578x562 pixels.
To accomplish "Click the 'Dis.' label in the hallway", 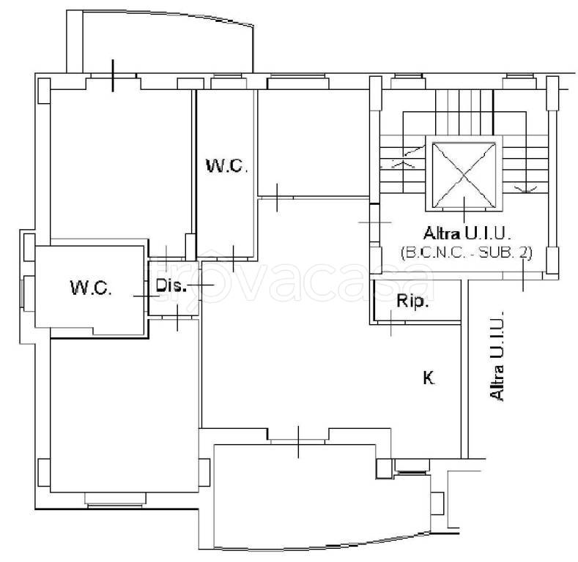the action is [x=171, y=285].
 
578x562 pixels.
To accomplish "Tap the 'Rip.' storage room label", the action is [x=412, y=301].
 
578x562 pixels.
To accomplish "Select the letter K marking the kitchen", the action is [x=429, y=378].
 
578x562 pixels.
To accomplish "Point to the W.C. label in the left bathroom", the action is [x=91, y=288].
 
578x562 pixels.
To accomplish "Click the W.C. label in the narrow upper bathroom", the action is [x=226, y=165].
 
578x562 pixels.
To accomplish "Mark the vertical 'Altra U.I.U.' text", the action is [x=497, y=356].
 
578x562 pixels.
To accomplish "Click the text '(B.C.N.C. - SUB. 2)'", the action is [x=467, y=253].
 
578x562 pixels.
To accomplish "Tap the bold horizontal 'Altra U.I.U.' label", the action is [x=467, y=233].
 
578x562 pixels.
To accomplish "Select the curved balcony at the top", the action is [x=160, y=41].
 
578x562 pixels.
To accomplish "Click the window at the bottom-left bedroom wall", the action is [x=115, y=499].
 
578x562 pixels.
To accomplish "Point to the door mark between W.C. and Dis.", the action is [x=147, y=296].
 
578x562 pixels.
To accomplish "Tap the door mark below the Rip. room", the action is [x=390, y=323].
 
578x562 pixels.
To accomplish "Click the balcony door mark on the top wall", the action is [x=113, y=75].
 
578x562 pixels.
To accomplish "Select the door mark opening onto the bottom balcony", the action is [x=298, y=442].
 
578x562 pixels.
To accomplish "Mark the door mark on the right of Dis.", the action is [x=201, y=285].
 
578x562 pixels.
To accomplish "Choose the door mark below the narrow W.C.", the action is [x=234, y=258].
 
